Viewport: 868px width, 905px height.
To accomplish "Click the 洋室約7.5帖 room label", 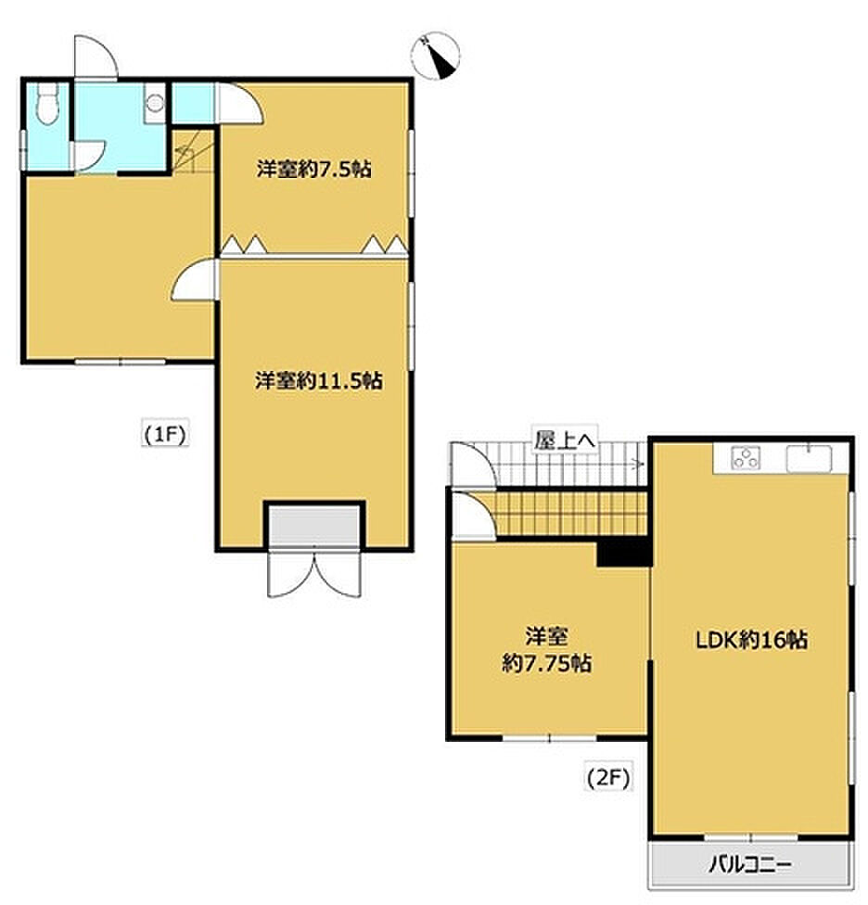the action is (314, 169).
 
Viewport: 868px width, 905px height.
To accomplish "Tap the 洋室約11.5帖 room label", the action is (319, 380).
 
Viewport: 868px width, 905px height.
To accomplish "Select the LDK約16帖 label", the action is (751, 640).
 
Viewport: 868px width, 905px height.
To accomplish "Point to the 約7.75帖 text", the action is (546, 663).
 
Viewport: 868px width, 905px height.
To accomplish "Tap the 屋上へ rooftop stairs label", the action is (565, 440).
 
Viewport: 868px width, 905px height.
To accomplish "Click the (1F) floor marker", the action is (165, 435).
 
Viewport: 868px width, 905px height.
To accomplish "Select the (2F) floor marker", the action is (608, 779).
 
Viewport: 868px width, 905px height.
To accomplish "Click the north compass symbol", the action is (436, 56).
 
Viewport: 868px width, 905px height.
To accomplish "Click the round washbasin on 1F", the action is (155, 103).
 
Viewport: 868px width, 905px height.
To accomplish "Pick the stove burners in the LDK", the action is (745, 459).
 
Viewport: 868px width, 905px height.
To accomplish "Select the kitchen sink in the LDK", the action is (810, 459).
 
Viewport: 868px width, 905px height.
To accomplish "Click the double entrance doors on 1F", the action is (314, 572).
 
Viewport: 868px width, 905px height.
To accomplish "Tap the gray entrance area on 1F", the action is (314, 526).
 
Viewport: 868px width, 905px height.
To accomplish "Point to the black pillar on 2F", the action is (624, 552).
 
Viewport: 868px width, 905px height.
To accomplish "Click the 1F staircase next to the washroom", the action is (193, 151).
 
